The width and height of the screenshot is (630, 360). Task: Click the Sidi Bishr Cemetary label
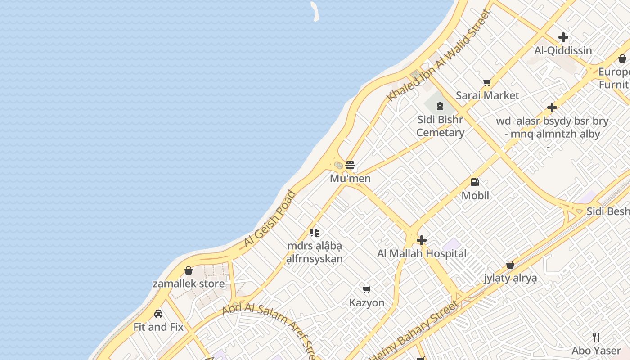click(x=440, y=126)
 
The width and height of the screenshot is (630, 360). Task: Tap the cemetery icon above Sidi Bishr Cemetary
click(x=440, y=107)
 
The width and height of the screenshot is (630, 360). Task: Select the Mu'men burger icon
click(x=350, y=165)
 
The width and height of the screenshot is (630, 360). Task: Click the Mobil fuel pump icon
click(x=475, y=182)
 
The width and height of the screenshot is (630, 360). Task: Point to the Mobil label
click(x=475, y=196)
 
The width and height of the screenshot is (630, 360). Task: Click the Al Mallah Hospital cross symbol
click(x=422, y=240)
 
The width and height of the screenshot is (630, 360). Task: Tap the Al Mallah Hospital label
click(x=422, y=254)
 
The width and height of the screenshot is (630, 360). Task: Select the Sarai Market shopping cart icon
click(x=487, y=82)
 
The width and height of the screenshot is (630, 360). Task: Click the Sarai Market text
click(x=487, y=95)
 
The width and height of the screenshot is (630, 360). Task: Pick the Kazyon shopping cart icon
click(x=367, y=289)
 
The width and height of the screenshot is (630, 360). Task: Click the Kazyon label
click(x=367, y=303)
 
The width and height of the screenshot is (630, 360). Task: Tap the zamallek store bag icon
click(x=189, y=270)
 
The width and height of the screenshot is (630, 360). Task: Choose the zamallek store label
click(x=189, y=283)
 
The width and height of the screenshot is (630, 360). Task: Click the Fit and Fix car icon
click(x=158, y=313)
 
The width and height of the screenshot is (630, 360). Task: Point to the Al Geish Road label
click(x=270, y=219)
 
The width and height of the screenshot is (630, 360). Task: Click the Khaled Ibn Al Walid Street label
click(x=438, y=55)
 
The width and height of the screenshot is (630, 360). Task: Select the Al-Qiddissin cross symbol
click(x=563, y=37)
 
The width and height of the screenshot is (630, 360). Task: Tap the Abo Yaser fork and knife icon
click(x=596, y=337)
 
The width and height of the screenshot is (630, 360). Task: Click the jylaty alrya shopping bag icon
click(x=510, y=265)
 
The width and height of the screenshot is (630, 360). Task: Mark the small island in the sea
click(x=315, y=11)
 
